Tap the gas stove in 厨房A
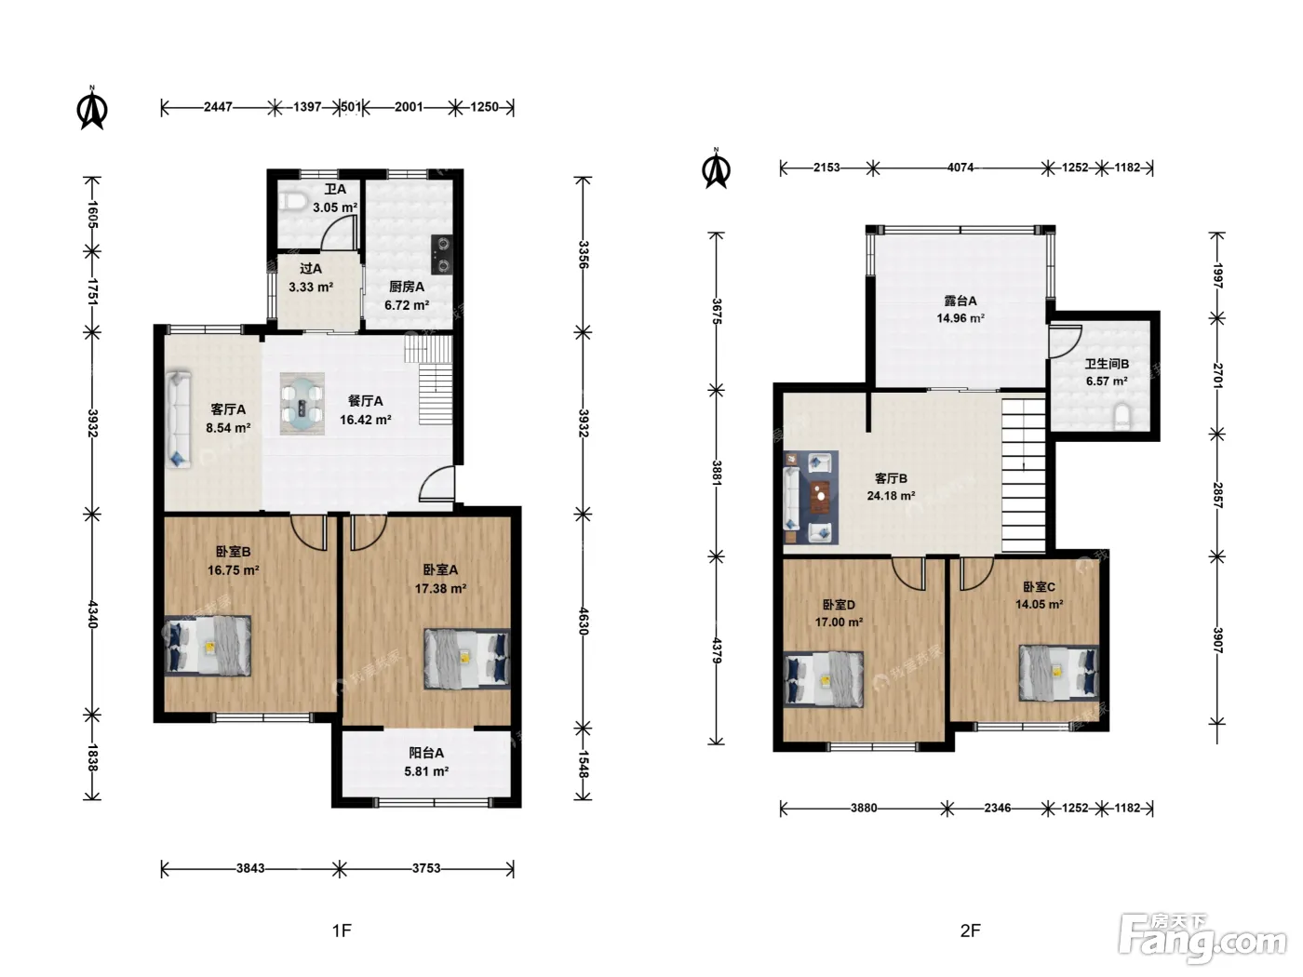(x=442, y=254)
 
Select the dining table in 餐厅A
(x=302, y=404)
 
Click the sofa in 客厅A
(x=178, y=420)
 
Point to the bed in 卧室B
(x=208, y=646)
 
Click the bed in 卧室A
(x=467, y=659)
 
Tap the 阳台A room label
(x=426, y=753)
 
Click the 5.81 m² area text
(x=426, y=771)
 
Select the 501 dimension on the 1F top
(x=351, y=107)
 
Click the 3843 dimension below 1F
(x=250, y=868)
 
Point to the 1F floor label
(x=342, y=930)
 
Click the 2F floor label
(x=971, y=930)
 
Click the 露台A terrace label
(x=960, y=301)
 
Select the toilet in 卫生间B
(x=1122, y=417)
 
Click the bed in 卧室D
(x=824, y=679)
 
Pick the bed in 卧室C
(x=1059, y=673)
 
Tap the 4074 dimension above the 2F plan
(x=960, y=167)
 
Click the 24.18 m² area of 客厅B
(x=891, y=496)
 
